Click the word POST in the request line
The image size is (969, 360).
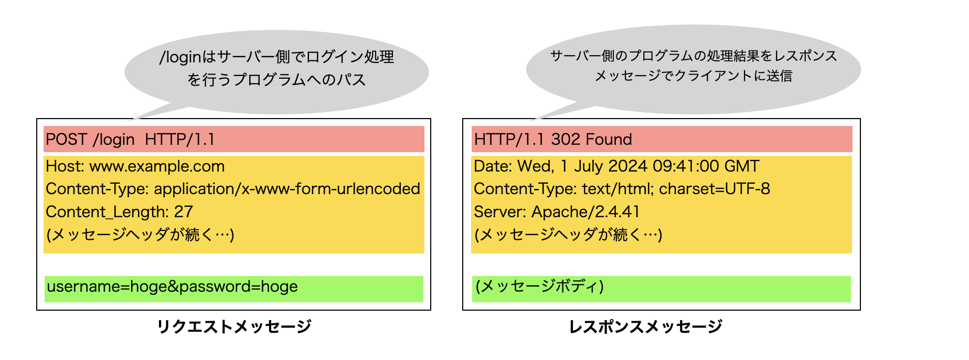[x=66, y=140]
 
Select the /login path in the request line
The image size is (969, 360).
[x=114, y=140]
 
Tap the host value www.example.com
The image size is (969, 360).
[x=157, y=166]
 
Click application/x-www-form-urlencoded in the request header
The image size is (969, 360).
[x=287, y=189]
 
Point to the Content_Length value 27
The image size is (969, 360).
[x=184, y=212]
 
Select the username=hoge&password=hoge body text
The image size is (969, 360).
[x=172, y=287]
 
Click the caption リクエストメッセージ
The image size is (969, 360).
[x=234, y=326]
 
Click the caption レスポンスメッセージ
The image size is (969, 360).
[x=645, y=326]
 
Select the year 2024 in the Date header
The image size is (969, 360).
[x=627, y=166]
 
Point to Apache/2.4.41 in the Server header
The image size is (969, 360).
[x=585, y=212]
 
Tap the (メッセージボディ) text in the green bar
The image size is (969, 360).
[x=539, y=287]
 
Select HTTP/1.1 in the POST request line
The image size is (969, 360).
[x=180, y=140]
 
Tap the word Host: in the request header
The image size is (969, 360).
[x=65, y=166]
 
